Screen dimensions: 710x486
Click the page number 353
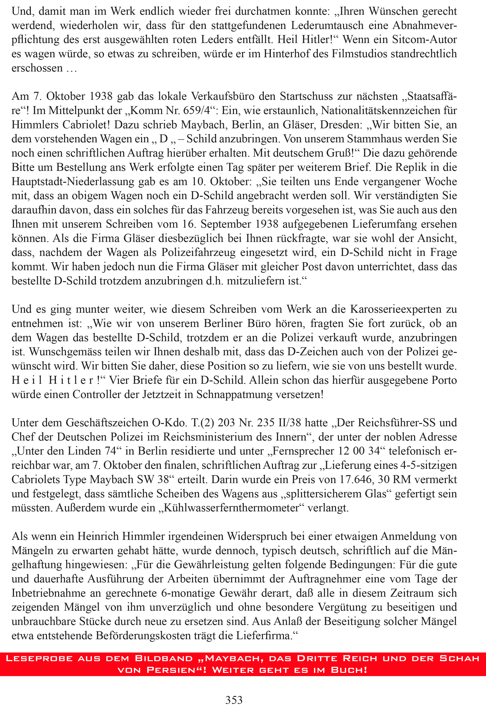pyautogui.click(x=234, y=700)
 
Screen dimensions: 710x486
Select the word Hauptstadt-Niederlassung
pyautogui.click(x=73, y=181)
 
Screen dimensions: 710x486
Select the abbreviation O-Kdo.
pyautogui.click(x=170, y=423)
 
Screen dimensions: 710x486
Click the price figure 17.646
pyautogui.click(x=356, y=479)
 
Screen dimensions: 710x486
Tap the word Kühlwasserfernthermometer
pyautogui.click(x=231, y=508)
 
